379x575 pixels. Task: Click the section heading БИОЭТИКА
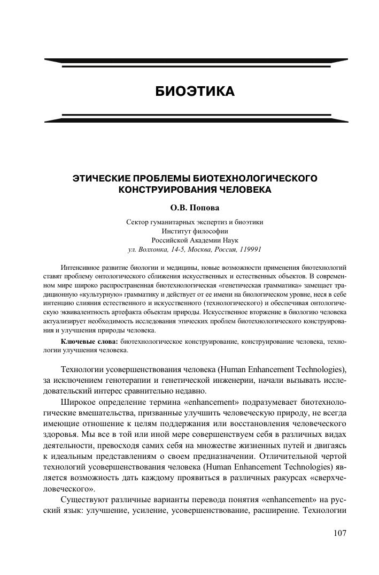tap(195, 92)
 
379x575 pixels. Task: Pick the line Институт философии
tap(195, 231)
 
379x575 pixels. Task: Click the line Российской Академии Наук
tap(195, 240)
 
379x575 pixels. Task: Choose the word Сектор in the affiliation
tap(137, 222)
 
